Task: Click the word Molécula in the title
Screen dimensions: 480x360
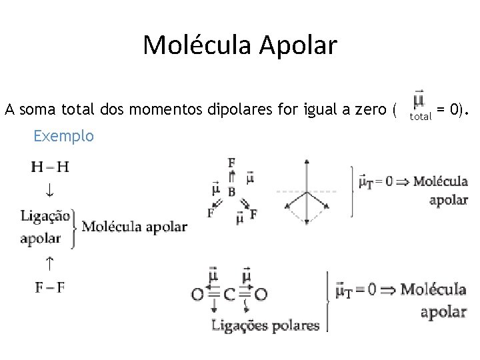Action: click(x=192, y=45)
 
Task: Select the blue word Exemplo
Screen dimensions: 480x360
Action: click(x=63, y=136)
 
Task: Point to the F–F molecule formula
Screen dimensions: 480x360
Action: click(x=50, y=287)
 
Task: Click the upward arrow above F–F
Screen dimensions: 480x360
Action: click(x=49, y=263)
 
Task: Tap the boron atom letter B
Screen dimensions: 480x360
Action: click(x=231, y=192)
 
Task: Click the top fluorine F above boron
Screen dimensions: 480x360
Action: click(x=231, y=162)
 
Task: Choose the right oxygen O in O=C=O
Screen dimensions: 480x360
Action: click(x=261, y=293)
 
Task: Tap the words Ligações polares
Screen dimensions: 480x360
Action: click(x=265, y=326)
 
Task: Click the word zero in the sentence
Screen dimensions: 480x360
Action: click(x=369, y=109)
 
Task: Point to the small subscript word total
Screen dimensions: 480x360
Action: click(x=421, y=117)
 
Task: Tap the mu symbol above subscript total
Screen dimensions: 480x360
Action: click(x=419, y=101)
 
